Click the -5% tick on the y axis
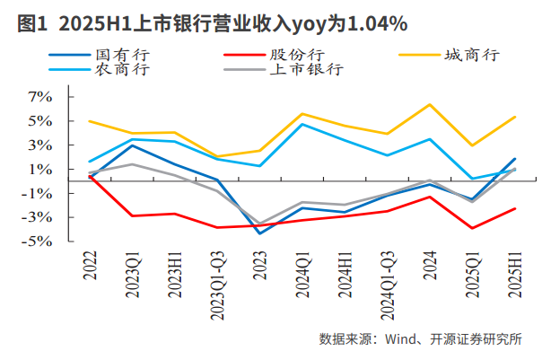pos(41,241)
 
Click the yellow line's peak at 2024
pos(431,104)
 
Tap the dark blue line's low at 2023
pos(259,233)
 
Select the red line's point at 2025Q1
pos(473,228)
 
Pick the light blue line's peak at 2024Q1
pos(302,124)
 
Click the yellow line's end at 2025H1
pos(514,117)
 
